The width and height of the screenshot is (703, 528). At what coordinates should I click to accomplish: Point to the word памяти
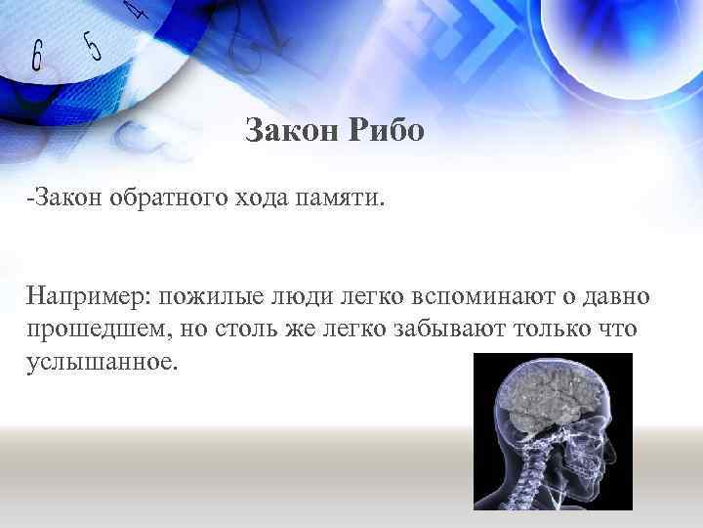point(338,200)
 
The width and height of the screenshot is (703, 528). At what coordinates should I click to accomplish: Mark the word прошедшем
point(94,329)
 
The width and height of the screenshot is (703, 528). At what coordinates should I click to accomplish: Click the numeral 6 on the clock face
point(37,58)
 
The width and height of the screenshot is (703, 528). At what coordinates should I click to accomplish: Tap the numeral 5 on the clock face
point(93,45)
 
